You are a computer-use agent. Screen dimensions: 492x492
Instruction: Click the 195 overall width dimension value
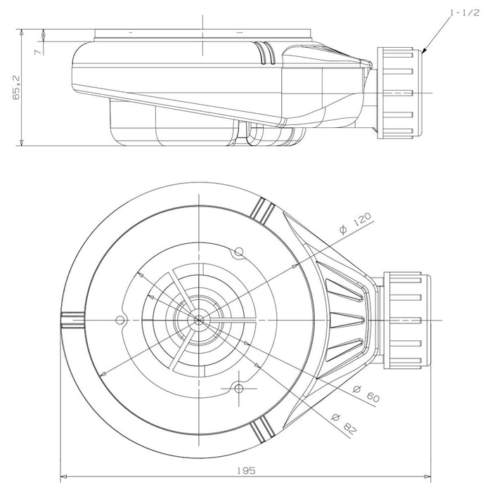[246, 470]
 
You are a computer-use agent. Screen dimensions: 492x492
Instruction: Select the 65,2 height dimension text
[16, 87]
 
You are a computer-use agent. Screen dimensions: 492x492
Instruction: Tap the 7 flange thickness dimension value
[38, 51]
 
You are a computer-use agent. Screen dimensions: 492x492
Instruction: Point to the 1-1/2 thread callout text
[465, 13]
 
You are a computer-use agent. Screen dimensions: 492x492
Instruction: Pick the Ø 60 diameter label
[366, 394]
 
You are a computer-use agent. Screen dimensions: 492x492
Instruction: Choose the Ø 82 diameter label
[344, 425]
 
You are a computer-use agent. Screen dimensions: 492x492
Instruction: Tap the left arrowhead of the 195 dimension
[64, 477]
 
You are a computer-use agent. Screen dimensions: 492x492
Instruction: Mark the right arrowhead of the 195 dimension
[427, 477]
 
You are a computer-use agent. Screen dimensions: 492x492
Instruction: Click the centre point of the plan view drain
[199, 320]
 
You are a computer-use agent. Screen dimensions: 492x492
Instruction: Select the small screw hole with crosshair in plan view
[239, 389]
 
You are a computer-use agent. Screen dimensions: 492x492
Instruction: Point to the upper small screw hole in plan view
[239, 252]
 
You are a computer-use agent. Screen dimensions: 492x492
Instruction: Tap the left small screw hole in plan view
[119, 321]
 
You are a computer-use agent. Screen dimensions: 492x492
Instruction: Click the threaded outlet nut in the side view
[399, 93]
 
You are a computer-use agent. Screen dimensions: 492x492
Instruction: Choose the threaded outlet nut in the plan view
[407, 321]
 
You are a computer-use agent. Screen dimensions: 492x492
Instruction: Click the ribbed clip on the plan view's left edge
[72, 321]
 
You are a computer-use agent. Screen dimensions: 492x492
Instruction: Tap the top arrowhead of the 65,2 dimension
[21, 32]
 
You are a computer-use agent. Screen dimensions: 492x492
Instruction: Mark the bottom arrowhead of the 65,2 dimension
[21, 143]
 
